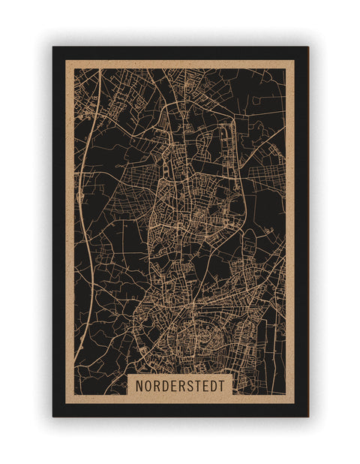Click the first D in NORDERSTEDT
[166, 384]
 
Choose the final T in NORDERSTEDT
[223, 384]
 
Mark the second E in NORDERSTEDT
[206, 384]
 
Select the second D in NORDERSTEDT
[214, 384]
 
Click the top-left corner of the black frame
[53, 47]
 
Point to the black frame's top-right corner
[307, 47]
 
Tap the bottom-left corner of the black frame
[53, 416]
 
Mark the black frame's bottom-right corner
[307, 416]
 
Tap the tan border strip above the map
[180, 64]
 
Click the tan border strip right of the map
[289, 225]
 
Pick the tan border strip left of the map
[70, 225]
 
